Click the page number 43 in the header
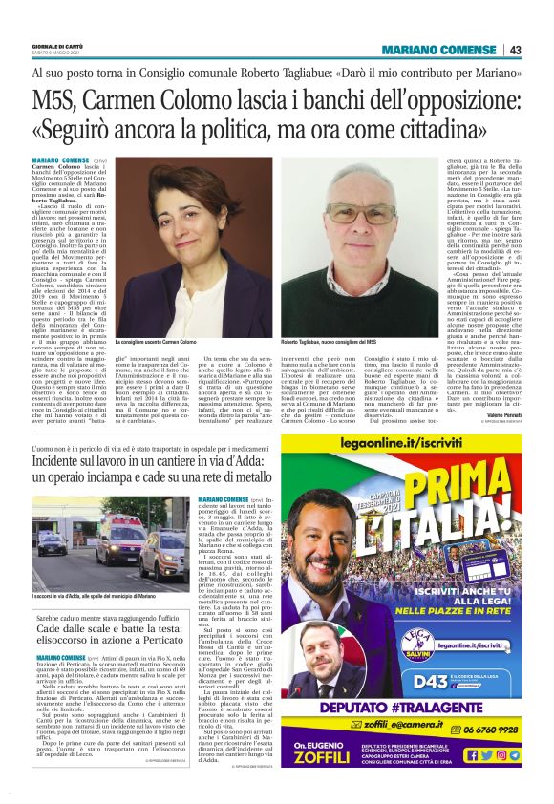[514, 50]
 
